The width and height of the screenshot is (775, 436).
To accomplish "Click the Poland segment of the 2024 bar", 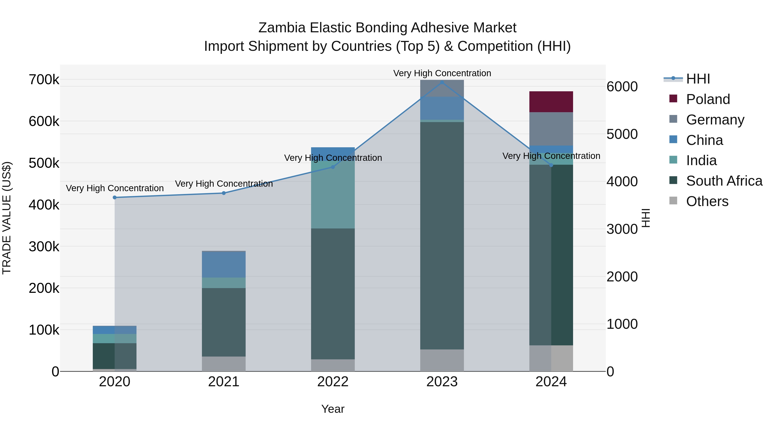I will (x=551, y=102).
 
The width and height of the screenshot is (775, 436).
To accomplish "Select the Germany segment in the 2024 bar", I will (x=551, y=129).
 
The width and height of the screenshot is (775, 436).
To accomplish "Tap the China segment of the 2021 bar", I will (x=223, y=264).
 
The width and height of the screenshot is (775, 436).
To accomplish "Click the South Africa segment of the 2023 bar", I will (x=442, y=236).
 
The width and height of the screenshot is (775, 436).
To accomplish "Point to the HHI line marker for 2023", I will (x=442, y=82).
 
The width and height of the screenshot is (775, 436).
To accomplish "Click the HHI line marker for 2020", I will (x=115, y=197).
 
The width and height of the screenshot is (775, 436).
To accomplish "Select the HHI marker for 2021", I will (x=223, y=193).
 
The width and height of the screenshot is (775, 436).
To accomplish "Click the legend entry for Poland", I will (x=708, y=99).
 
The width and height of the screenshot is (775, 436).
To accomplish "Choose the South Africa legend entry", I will (x=724, y=181).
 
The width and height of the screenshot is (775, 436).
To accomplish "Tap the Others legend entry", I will (x=707, y=201).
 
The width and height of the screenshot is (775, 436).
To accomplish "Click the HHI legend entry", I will (x=698, y=79).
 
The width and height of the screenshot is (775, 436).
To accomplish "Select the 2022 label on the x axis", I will (x=333, y=382).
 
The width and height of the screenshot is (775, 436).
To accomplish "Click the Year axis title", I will (x=333, y=409).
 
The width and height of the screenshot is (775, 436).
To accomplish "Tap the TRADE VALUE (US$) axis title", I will (x=7, y=218).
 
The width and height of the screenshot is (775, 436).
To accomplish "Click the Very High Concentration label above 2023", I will (x=442, y=73).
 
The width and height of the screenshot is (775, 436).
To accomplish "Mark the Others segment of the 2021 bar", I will (x=223, y=364).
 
